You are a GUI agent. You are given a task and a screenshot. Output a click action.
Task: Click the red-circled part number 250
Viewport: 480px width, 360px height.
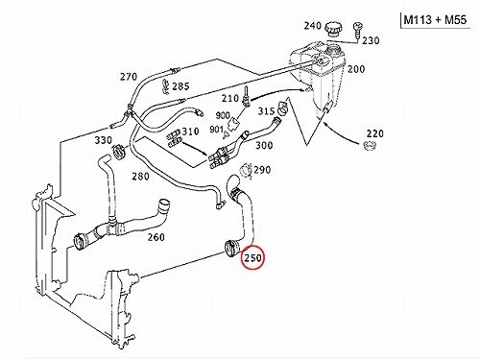tap(252, 257)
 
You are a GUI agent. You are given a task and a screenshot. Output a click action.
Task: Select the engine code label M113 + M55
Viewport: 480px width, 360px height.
tap(435, 20)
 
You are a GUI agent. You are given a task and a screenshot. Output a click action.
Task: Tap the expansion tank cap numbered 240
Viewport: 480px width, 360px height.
tap(333, 29)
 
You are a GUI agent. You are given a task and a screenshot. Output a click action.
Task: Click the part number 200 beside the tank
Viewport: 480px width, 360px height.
tap(356, 69)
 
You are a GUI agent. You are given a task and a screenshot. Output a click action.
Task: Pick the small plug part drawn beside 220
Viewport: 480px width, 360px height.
tap(370, 146)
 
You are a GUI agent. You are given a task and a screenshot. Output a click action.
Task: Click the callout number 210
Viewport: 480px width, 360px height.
tap(230, 98)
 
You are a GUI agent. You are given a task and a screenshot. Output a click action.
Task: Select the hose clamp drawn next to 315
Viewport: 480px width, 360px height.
tap(283, 108)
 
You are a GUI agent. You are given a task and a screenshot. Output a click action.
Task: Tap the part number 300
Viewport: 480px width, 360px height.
tap(264, 146)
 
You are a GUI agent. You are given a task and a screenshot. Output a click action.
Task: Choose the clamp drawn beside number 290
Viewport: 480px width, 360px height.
tap(246, 170)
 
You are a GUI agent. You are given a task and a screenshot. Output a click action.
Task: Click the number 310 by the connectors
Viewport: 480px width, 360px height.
tap(190, 132)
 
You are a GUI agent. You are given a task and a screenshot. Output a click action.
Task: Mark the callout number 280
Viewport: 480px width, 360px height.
tap(140, 177)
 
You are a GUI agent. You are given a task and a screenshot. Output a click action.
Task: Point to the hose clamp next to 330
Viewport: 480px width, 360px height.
tap(118, 152)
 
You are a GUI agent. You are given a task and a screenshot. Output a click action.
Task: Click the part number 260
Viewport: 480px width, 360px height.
tap(156, 237)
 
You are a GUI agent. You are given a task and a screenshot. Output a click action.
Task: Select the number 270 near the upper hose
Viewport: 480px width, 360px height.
tap(129, 77)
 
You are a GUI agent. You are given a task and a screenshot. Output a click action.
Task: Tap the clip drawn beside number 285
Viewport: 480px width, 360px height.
tap(165, 86)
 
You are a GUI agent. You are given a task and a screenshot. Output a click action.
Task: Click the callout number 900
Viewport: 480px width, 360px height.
tap(223, 115)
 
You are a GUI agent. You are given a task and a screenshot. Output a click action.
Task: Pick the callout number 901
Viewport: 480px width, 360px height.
tap(217, 130)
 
